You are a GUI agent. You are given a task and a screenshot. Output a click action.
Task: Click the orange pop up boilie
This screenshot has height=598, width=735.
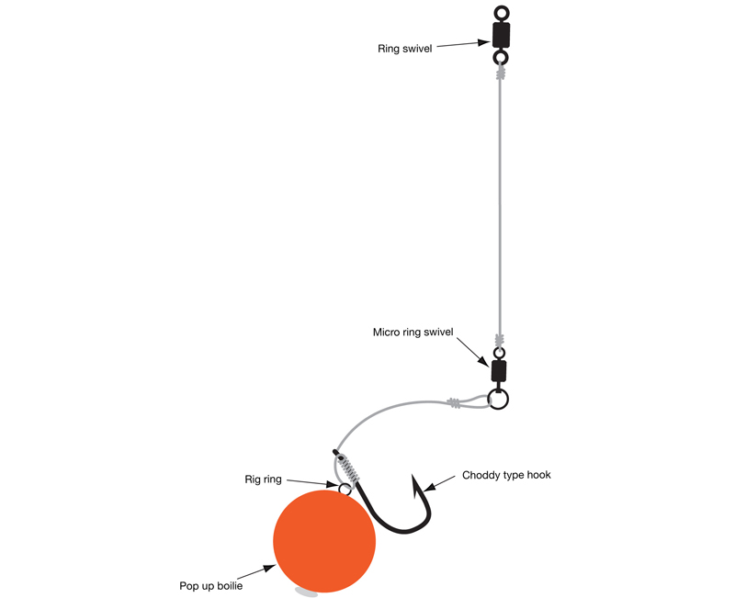pyautogui.click(x=324, y=540)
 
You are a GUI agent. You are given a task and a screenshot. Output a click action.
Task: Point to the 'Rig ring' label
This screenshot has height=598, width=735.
pyautogui.click(x=265, y=479)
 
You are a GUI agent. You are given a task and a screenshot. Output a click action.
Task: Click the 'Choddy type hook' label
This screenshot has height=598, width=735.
pyautogui.click(x=506, y=476)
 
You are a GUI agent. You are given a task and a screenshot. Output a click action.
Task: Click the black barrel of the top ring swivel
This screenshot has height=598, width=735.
pyautogui.click(x=501, y=35)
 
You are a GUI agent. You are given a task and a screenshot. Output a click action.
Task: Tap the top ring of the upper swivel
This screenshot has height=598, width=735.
pyautogui.click(x=501, y=13)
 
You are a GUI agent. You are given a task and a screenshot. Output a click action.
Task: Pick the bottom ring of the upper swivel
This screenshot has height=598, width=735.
pyautogui.click(x=501, y=58)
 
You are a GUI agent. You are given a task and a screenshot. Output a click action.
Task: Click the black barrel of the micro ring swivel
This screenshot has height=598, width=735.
pyautogui.click(x=498, y=370)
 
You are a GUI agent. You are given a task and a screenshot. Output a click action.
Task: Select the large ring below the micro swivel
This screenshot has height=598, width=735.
pyautogui.click(x=498, y=400)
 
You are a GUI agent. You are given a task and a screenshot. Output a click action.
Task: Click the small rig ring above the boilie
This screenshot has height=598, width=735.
pyautogui.click(x=345, y=489)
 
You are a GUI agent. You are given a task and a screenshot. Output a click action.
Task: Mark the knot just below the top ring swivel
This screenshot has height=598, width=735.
pyautogui.click(x=501, y=73)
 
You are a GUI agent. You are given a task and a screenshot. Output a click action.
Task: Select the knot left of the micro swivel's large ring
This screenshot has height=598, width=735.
pyautogui.click(x=455, y=402)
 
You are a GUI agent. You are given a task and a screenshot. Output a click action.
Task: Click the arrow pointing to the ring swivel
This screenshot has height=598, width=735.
pyautogui.click(x=459, y=42)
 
